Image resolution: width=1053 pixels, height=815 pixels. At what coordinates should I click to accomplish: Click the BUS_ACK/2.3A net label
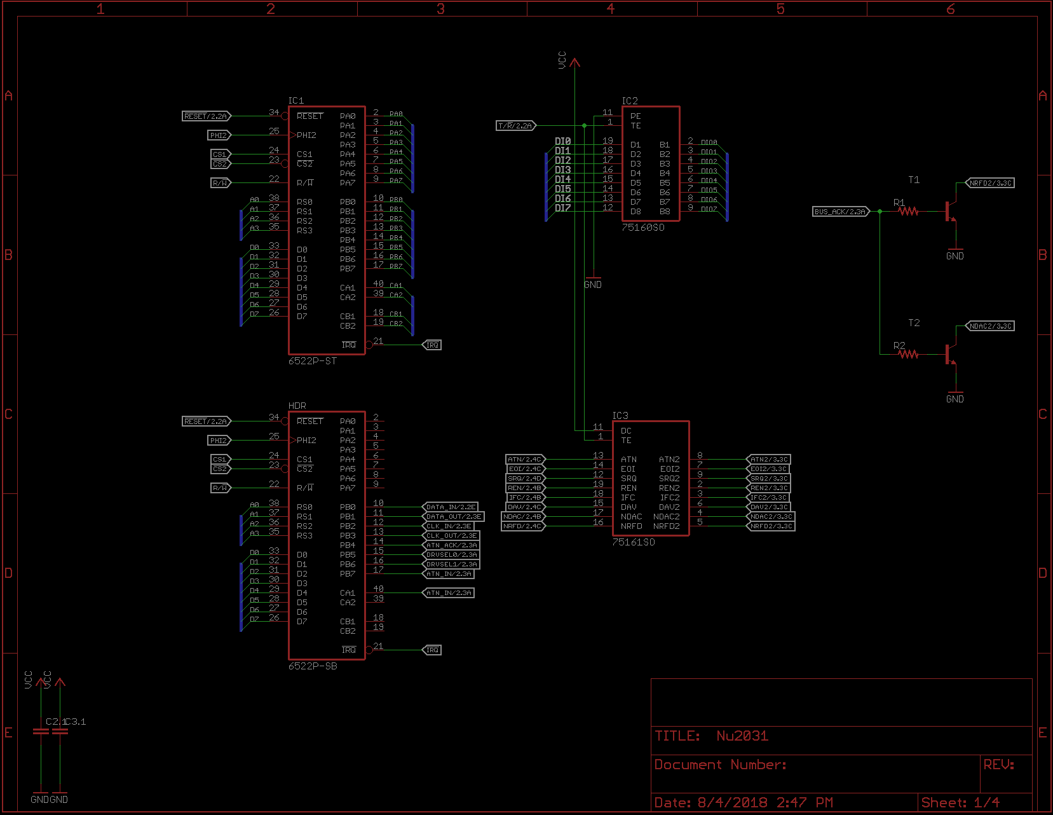840,212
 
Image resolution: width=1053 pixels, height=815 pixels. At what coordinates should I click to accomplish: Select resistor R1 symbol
909,211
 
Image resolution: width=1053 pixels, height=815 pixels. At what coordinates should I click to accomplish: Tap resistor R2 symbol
909,354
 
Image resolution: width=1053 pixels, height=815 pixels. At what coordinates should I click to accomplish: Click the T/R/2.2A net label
515,126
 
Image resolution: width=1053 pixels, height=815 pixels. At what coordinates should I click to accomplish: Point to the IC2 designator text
629,101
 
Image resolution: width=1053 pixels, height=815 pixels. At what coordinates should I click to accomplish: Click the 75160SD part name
642,228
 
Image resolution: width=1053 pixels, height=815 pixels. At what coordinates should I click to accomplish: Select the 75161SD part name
633,542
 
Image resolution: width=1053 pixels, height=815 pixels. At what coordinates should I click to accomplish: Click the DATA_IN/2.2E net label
451,507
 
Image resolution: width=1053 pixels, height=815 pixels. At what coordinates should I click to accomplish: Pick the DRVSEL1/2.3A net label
451,565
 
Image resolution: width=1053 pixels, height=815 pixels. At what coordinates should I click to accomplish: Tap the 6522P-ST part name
312,361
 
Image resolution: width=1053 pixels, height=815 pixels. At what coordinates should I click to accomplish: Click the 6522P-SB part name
312,666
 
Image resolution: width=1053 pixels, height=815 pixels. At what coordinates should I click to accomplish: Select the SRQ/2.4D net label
525,479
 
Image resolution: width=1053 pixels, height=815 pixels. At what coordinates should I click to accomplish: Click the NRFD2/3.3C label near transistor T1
990,183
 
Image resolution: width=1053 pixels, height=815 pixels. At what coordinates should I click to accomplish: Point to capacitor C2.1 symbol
41,732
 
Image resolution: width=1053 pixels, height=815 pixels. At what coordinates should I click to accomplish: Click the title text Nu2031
742,736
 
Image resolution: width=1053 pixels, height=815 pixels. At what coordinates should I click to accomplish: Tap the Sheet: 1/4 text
960,803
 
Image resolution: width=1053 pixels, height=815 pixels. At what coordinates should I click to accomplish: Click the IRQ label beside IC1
432,345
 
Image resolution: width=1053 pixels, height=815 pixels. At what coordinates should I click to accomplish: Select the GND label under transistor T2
954,399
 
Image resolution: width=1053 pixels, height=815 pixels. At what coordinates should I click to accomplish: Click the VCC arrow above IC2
574,62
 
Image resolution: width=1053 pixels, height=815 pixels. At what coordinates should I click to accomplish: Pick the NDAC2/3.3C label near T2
990,326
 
